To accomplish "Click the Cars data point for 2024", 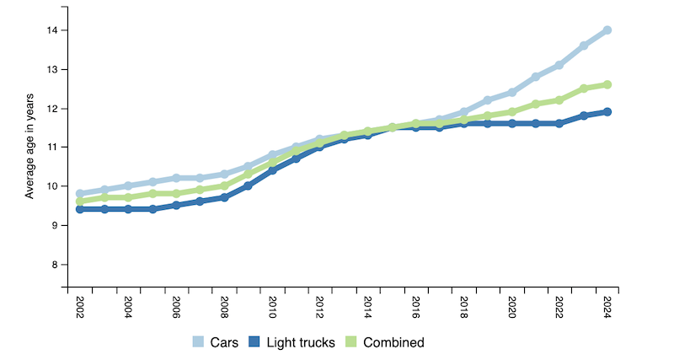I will [607, 30].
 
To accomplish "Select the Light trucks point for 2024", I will [607, 112].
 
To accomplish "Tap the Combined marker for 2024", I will [607, 84].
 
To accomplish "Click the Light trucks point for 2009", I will [248, 185].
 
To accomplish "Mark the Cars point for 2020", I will [511, 93].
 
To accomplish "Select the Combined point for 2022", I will [559, 100].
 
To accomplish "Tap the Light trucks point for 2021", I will [535, 124].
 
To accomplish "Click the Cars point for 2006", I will [176, 178].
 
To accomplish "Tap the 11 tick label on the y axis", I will [56, 148].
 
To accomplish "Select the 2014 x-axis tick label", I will [367, 304].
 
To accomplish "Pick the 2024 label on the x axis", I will [607, 304].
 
